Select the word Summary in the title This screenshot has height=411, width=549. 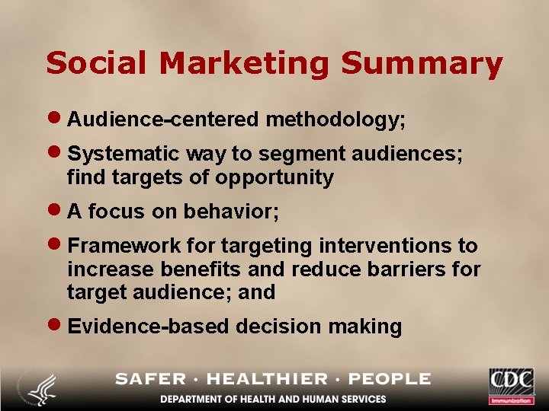[422, 63]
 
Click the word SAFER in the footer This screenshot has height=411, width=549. [151, 379]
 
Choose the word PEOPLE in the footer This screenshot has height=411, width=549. [390, 379]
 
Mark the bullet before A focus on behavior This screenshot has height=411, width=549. [56, 212]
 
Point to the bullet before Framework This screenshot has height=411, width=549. [56, 246]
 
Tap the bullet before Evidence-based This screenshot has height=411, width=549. [56, 327]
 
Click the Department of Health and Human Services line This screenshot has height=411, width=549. [273, 399]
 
